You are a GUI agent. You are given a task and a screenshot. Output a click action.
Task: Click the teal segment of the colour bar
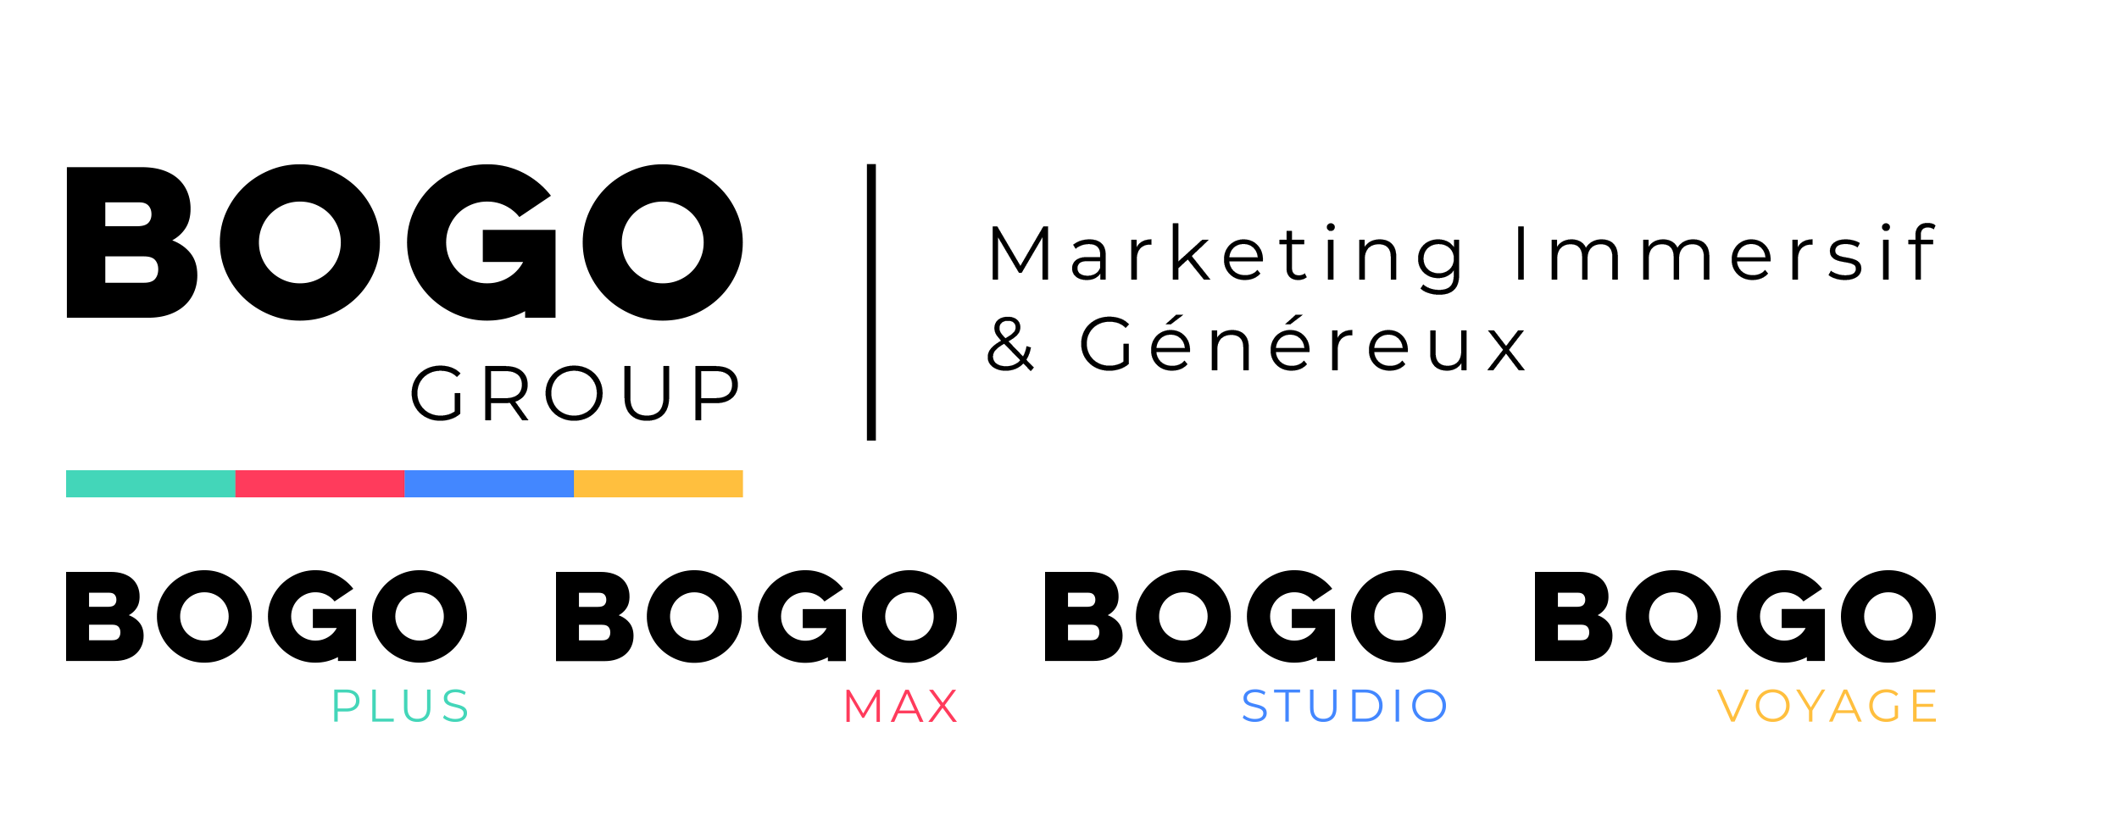point(151,484)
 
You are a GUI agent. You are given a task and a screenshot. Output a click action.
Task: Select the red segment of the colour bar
point(320,484)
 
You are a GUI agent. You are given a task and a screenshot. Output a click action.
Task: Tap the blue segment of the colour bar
point(489,484)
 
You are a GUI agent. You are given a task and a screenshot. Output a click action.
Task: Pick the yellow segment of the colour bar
point(659,484)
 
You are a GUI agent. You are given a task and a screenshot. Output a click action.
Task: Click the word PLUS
point(400,706)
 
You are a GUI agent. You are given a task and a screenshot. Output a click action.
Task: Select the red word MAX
point(900,706)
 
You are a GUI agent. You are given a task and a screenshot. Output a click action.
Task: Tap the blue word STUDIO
point(1344,706)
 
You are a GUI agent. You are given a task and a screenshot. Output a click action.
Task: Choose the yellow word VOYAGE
point(1827,706)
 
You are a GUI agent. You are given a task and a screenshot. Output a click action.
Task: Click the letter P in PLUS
point(345,706)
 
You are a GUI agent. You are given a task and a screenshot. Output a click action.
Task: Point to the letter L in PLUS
point(379,706)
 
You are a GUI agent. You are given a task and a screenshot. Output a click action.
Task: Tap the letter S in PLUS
point(455,706)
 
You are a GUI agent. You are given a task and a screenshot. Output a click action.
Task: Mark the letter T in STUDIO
point(1291,706)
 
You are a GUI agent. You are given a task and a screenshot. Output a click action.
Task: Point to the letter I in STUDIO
point(1399,706)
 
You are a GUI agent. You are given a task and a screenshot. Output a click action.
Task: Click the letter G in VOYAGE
point(1884,706)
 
